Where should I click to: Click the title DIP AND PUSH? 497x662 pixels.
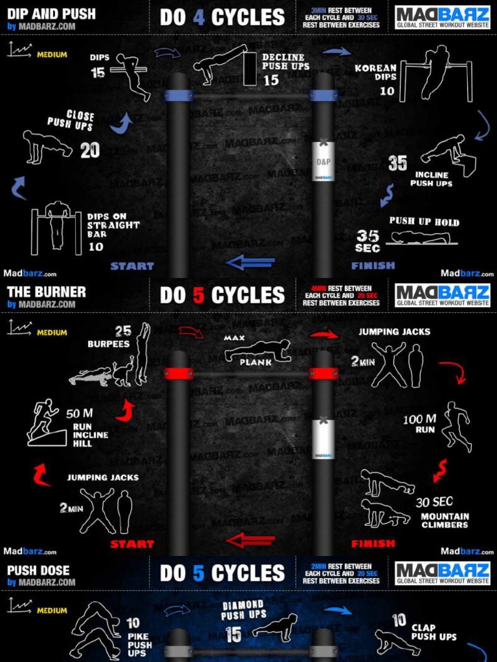point(51,14)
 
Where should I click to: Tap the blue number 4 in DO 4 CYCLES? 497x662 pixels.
point(199,17)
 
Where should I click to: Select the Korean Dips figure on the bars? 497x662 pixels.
point(436,72)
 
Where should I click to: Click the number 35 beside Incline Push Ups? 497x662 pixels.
point(397,164)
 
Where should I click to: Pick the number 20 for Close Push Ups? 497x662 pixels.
point(90,151)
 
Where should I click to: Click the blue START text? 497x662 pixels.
point(132,266)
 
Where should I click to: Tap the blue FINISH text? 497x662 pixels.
point(373,266)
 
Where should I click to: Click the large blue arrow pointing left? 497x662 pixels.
point(250,262)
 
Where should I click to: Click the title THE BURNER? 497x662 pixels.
point(46,292)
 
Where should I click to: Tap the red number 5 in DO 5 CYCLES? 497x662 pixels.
point(199,295)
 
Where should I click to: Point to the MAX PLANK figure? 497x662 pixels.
point(258,352)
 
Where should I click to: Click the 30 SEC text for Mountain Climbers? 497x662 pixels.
point(434,502)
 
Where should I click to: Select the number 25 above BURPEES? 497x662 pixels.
point(123,332)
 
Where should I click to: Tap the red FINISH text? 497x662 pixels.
point(373,544)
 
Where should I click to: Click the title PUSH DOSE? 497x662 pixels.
point(38,570)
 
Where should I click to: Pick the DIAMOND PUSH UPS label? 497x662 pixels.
point(243,610)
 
